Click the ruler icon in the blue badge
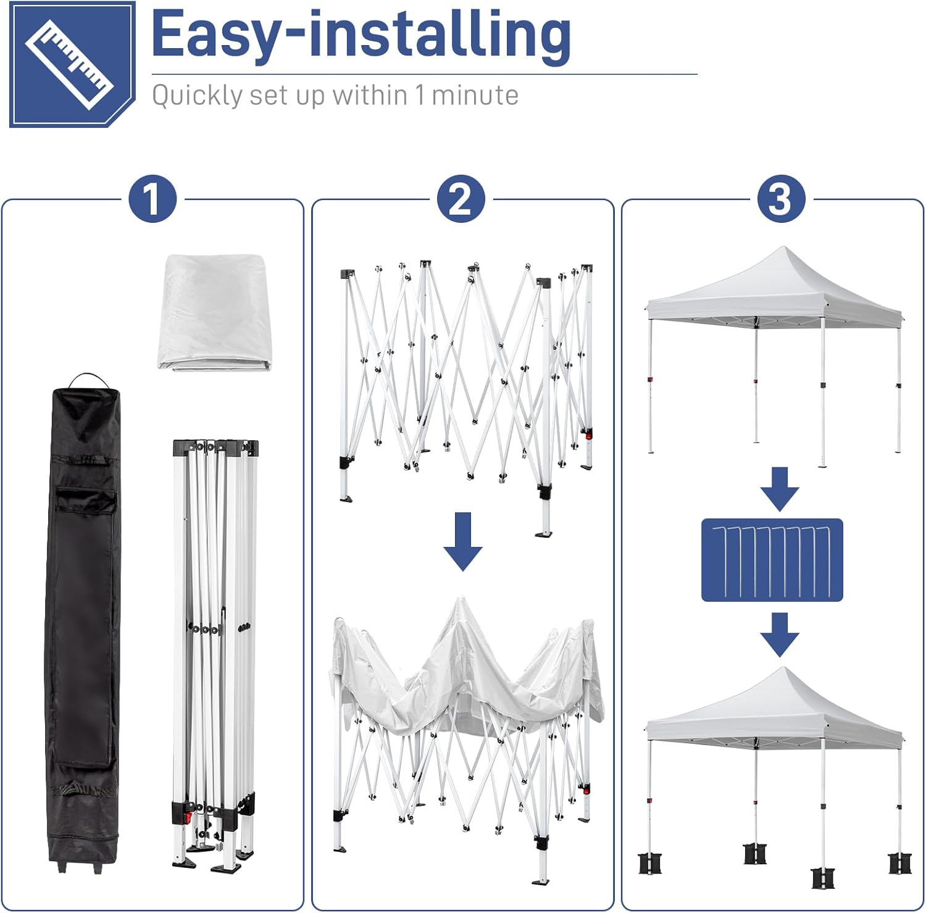(x=69, y=64)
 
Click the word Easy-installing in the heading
(x=361, y=36)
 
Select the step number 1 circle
(x=152, y=199)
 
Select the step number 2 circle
(x=461, y=199)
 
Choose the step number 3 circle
(x=782, y=199)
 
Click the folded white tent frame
(x=215, y=654)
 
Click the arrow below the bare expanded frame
(x=463, y=541)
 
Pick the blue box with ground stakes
(x=772, y=560)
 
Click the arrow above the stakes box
(x=780, y=489)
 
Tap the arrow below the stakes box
(x=780, y=635)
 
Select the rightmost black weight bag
(x=898, y=863)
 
